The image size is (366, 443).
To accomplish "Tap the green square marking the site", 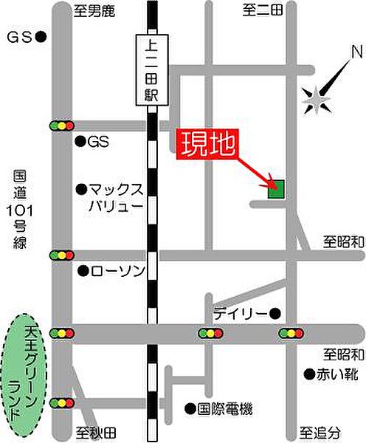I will [x=276, y=191].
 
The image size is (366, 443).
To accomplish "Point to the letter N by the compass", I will [x=356, y=52].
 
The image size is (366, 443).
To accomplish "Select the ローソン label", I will [x=115, y=271].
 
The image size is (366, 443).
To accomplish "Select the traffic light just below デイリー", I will [x=291, y=334].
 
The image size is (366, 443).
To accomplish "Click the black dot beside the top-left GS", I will [x=41, y=36].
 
